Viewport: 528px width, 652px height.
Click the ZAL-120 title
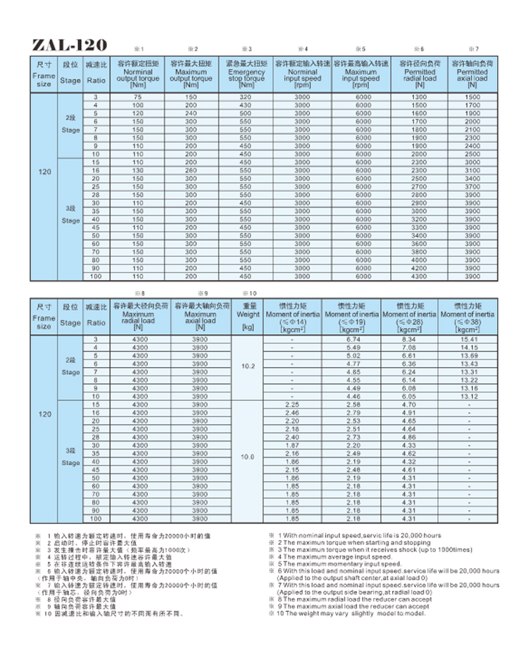pos(70,45)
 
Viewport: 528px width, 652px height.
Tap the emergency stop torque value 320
pos(246,96)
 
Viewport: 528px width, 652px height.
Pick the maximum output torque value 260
pos(191,170)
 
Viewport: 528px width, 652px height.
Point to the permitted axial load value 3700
pos(472,187)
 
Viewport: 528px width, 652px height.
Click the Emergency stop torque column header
pos(246,74)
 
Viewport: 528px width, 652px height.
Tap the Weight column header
pos(247,315)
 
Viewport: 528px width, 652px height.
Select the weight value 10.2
pos(247,366)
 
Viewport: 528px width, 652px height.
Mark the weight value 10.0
pos(247,457)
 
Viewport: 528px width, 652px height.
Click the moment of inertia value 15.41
pos(468,340)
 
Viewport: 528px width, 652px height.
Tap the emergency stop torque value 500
pos(246,113)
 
